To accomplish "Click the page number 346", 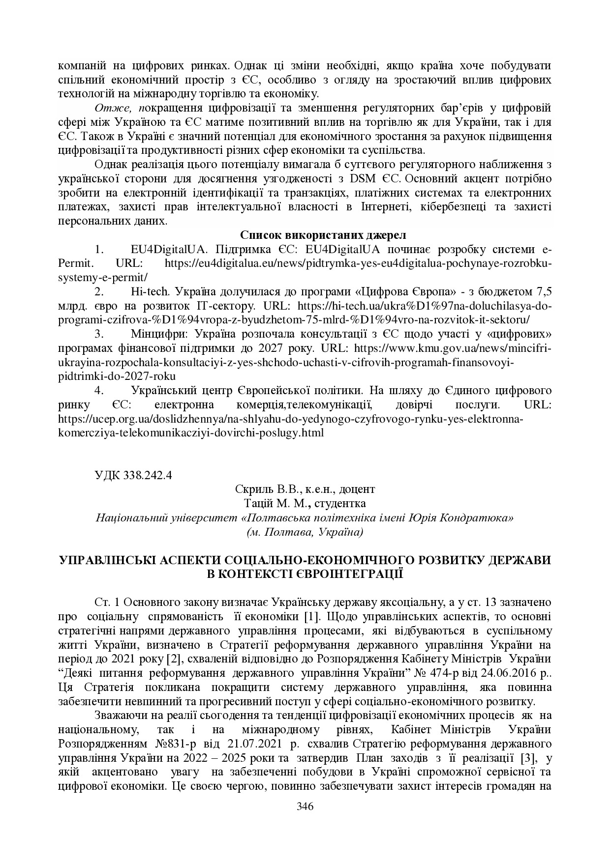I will [305, 806].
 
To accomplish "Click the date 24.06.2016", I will [501, 672].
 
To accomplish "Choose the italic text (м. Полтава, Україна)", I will [305, 532].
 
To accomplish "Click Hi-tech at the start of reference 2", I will [150, 291].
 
